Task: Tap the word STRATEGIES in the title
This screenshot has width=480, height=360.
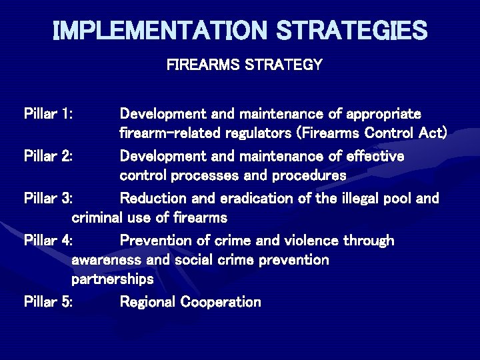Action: pos(352,30)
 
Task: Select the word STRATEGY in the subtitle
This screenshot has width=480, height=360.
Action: pos(285,65)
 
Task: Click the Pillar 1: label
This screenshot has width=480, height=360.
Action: pos(49,114)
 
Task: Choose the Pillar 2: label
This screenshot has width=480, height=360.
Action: pos(49,156)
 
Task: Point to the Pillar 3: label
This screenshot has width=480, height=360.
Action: pos(49,198)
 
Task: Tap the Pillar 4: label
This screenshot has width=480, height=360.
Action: pos(49,240)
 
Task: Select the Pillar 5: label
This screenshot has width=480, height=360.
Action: pos(49,302)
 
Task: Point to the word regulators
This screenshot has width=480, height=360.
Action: pos(256,133)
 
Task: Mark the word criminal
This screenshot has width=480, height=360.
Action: pos(98,217)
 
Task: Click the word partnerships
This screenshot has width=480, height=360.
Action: pos(112,279)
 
